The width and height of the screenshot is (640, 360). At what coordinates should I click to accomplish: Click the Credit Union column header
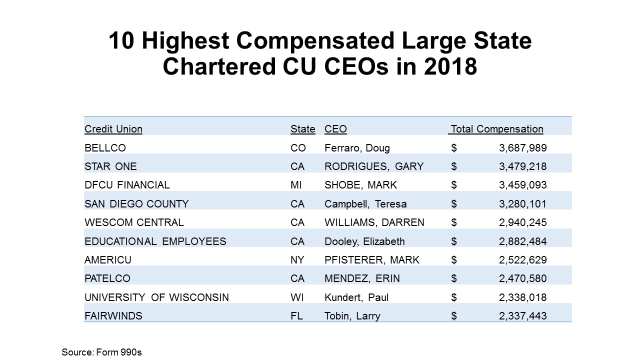(x=113, y=129)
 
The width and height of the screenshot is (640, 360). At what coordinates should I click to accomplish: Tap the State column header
(x=302, y=129)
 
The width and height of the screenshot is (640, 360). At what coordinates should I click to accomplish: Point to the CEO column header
(x=335, y=129)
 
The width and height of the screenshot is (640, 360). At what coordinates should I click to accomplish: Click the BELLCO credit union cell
(x=105, y=148)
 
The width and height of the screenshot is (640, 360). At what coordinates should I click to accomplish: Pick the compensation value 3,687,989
(x=522, y=148)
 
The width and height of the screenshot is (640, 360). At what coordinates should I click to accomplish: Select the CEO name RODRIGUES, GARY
(x=374, y=166)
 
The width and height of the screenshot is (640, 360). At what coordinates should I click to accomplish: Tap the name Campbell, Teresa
(x=365, y=204)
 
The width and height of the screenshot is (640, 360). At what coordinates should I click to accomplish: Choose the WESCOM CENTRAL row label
(x=134, y=222)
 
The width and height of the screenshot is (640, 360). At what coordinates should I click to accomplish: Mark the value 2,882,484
(x=522, y=241)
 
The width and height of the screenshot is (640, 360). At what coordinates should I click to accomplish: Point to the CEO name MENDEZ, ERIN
(x=362, y=278)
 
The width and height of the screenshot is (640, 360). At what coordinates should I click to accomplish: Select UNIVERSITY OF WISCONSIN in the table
(x=156, y=297)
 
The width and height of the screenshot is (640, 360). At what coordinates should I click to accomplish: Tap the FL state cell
(x=296, y=316)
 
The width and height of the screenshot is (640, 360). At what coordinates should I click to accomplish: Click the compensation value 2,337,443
(x=522, y=316)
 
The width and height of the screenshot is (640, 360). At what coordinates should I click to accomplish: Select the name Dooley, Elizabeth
(x=364, y=241)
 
